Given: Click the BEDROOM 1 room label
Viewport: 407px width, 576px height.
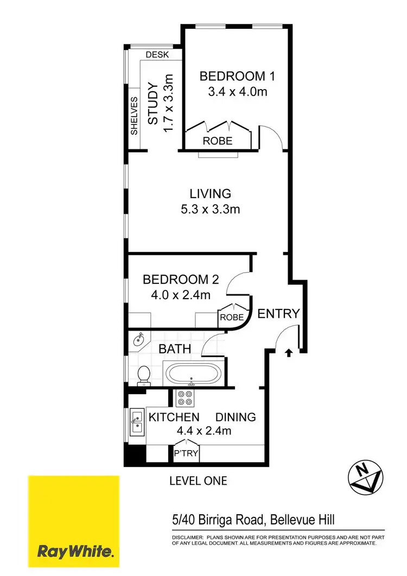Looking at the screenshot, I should pos(237,76).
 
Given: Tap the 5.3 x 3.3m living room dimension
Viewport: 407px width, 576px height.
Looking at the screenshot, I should pos(210,209).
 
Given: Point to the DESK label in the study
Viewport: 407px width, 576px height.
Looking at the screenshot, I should pos(157,55).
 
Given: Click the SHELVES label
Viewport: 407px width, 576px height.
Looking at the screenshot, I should pos(134,116).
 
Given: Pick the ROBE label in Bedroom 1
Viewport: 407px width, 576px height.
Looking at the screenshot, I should pos(218,141).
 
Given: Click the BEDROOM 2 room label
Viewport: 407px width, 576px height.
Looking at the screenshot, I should pos(180,280).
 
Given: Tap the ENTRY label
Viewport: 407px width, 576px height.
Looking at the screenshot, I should pos(278,313).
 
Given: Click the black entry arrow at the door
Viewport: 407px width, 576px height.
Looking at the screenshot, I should pos(288,353).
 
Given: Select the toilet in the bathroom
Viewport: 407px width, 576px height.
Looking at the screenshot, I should pos(144,375).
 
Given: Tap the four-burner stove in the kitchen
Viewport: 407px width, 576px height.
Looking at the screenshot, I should pos(186,399).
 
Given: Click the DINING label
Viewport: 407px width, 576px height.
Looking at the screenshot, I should pos(236,417).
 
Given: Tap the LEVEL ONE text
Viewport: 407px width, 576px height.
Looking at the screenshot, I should pos(198,480).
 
